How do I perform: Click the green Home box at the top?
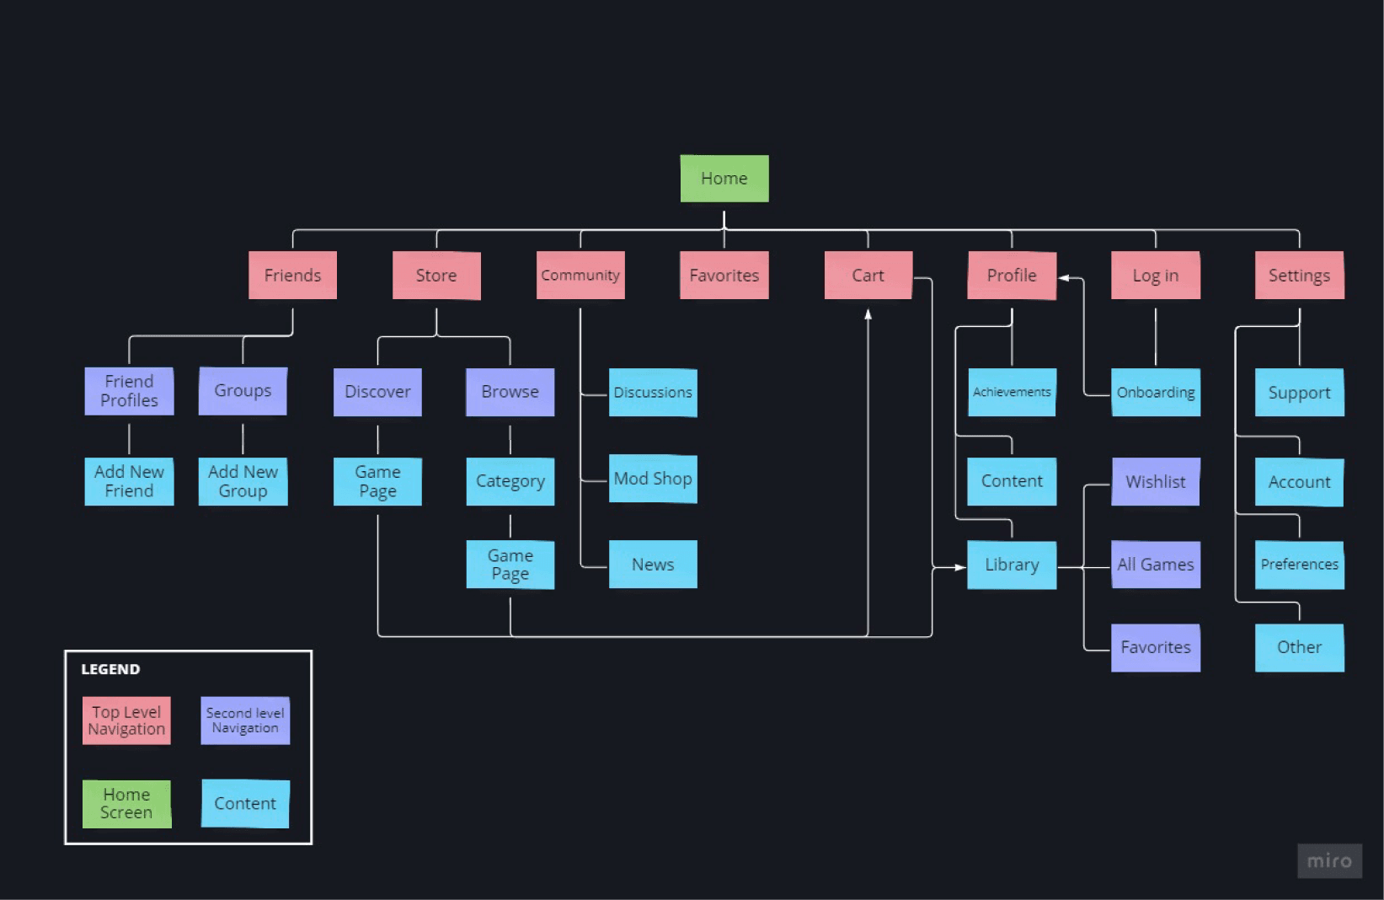pos(724,179)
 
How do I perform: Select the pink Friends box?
pos(293,275)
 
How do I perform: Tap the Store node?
pos(436,275)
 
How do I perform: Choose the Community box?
pos(580,275)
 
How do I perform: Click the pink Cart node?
pos(868,275)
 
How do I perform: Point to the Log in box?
pos(1156,275)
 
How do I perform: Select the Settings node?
pos(1300,275)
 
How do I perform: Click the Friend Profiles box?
pos(129,391)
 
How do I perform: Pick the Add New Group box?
pos(243,481)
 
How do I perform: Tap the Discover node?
pos(377,392)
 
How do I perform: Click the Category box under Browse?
pos(510,481)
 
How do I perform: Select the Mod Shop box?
pos(653,479)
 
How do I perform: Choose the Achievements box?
pos(1012,392)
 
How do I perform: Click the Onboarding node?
pos(1156,392)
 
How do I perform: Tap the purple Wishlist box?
pos(1156,481)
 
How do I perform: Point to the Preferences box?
pos(1300,565)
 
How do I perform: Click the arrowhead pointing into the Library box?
pos(960,567)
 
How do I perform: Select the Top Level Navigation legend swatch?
pos(126,721)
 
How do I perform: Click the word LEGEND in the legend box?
pos(110,669)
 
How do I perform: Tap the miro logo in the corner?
pos(1329,861)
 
